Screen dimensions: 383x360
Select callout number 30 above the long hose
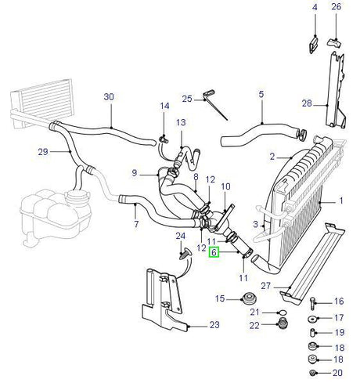[109, 97]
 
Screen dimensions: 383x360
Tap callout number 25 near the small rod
[187, 98]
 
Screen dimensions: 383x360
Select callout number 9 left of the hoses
[134, 172]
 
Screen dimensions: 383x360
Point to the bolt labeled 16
[314, 302]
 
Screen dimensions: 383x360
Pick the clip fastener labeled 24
[185, 252]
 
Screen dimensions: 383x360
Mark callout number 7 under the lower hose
[136, 226]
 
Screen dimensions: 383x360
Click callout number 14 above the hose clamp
[165, 107]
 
